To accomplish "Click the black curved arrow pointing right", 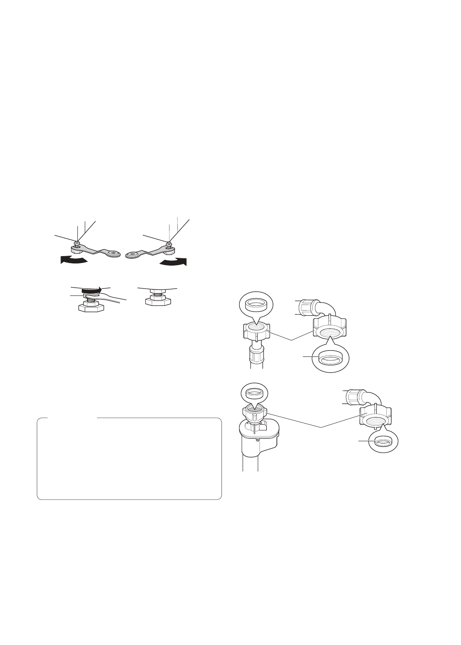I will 173,262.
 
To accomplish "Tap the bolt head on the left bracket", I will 77,244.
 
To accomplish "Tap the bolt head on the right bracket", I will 169,244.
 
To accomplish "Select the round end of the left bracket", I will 113,253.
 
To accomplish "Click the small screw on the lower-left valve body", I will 257,440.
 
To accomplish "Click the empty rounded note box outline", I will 129,459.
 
